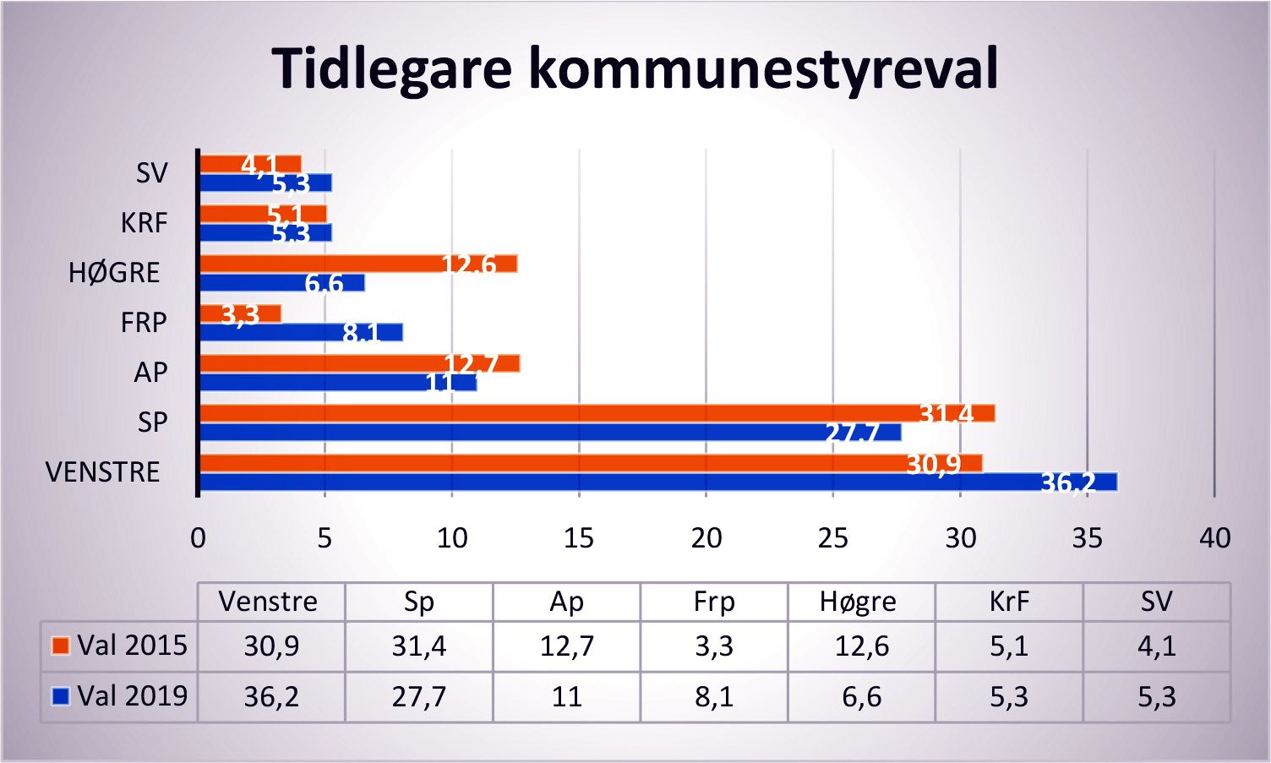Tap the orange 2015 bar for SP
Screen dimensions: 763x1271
[x=597, y=413]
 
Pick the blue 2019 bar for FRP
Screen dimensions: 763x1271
[x=301, y=332]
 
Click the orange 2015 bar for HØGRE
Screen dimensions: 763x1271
[x=357, y=264]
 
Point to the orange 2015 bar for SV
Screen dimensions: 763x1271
[x=250, y=163]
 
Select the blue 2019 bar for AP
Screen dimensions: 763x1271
[x=338, y=383]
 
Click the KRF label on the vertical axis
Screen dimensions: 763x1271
[x=144, y=223]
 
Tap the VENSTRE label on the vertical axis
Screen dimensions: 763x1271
[x=102, y=471]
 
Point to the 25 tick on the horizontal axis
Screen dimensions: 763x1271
[x=833, y=538]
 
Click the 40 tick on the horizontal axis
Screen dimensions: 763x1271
[x=1214, y=538]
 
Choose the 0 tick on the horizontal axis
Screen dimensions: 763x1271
[x=198, y=538]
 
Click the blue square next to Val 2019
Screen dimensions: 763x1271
[x=60, y=696]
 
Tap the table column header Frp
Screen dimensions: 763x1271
[x=713, y=602]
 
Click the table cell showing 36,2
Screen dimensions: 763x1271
[x=271, y=697]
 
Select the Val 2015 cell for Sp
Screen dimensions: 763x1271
[x=418, y=646]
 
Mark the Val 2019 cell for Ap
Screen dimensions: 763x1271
[x=566, y=697]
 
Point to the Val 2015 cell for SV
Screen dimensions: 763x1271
[x=1156, y=646]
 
